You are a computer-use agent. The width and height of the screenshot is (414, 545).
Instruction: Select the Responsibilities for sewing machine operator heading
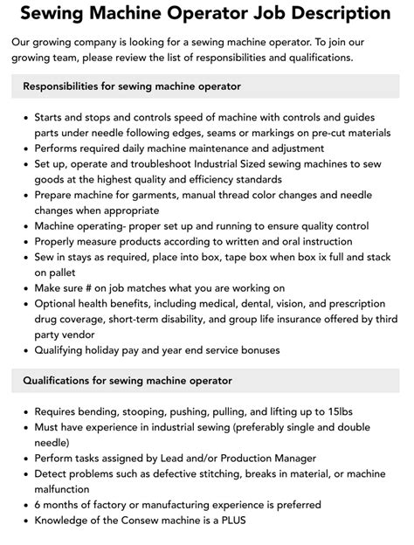tap(132, 86)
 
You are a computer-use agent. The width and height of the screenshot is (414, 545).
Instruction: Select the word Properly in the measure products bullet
tap(59, 241)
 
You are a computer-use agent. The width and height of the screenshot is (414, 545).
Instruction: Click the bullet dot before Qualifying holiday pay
tap(25, 350)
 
